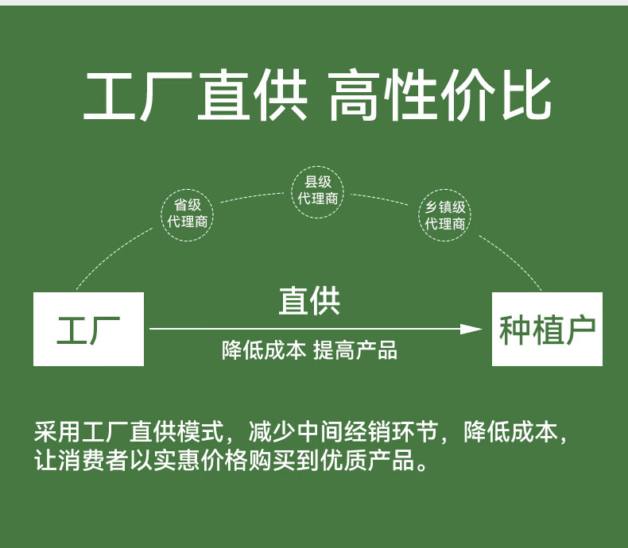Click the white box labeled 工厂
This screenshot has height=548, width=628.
[x=88, y=329]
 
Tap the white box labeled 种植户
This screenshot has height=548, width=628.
[x=547, y=329]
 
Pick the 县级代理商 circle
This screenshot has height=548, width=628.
[x=318, y=190]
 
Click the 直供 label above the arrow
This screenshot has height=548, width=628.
[x=310, y=302]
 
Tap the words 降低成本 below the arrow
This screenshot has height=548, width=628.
[x=263, y=350]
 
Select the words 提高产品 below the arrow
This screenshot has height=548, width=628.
[x=355, y=350]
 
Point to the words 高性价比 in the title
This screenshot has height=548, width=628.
[x=439, y=97]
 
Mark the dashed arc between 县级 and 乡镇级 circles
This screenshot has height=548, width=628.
[x=383, y=195]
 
